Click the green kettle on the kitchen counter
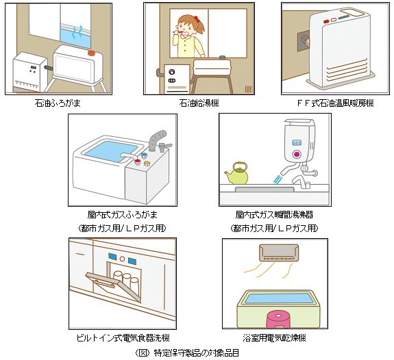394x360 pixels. (236, 174)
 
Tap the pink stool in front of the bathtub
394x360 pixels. (278, 319)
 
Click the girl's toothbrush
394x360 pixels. (182, 33)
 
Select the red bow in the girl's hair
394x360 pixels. (196, 19)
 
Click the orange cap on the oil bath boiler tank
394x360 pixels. (91, 53)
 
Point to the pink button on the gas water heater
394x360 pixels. (297, 154)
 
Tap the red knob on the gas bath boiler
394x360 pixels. (137, 162)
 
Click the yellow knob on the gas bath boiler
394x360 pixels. (147, 164)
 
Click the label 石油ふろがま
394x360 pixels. (58, 103)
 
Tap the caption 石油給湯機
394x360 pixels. (199, 103)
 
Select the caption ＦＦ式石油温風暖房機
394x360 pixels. (336, 103)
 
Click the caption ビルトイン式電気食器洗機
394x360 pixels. (123, 338)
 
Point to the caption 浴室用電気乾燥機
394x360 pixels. (274, 338)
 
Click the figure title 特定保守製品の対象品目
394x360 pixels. (197, 353)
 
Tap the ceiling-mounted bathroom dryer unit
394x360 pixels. (279, 253)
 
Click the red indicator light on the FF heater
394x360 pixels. (326, 22)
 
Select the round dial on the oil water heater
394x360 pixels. (172, 72)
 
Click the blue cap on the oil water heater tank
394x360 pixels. (223, 57)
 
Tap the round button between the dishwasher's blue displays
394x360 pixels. (123, 259)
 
